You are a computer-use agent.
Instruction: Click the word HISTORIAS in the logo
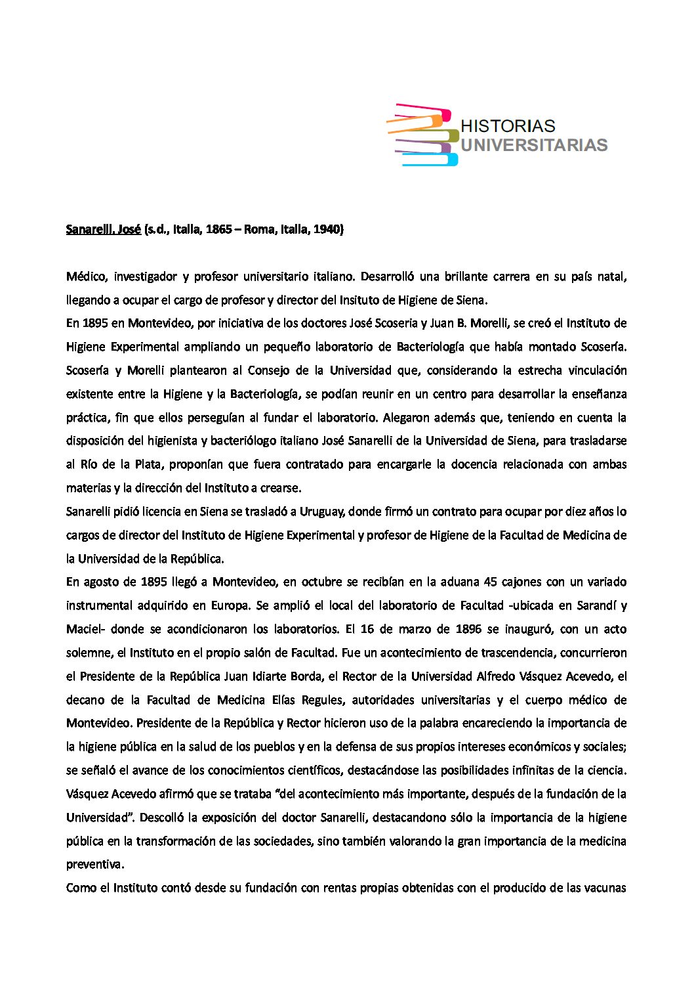[x=508, y=125]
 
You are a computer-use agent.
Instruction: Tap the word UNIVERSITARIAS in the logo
[x=534, y=144]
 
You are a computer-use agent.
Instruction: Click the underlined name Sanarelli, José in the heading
[x=103, y=230]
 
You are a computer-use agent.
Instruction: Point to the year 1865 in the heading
[x=220, y=230]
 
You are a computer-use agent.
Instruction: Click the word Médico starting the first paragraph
[x=85, y=276]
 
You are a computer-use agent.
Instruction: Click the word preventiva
[x=94, y=865]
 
